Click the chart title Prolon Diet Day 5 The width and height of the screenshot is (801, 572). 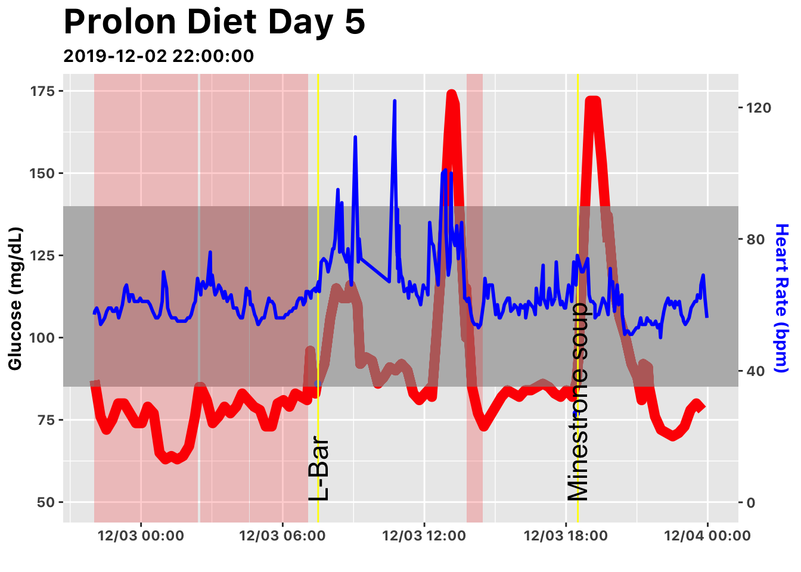214,23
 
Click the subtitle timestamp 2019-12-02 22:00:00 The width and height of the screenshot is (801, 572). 159,56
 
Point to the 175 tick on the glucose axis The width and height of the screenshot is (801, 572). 42,91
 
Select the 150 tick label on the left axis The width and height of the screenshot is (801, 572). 42,173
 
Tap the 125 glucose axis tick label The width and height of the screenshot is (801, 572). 42,256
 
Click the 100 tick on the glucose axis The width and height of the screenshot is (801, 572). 42,338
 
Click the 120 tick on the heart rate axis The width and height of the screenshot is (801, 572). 757,108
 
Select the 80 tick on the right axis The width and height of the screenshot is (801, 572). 755,240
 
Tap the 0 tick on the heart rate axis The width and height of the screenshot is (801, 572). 751,502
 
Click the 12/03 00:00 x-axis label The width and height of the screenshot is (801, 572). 141,536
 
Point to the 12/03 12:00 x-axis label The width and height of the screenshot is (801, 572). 424,536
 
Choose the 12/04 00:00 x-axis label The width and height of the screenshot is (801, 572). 707,536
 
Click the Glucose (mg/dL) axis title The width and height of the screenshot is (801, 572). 15,298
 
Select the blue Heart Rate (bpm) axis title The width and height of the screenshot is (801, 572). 781,298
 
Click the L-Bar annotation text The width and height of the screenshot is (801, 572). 319,469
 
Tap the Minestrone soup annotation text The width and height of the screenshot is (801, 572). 578,402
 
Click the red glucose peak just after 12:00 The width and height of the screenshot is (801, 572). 451,94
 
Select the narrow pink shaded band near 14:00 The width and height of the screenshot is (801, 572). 474,298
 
